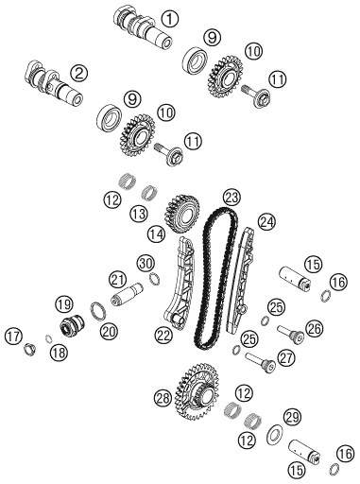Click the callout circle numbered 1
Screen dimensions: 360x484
click(x=170, y=18)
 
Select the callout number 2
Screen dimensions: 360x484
click(x=78, y=74)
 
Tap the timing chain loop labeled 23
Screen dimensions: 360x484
click(x=216, y=278)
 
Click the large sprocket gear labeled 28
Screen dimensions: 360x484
click(x=197, y=391)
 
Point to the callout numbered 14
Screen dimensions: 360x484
click(x=157, y=233)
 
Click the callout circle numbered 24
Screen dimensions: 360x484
click(x=266, y=222)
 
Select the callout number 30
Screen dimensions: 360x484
click(x=146, y=262)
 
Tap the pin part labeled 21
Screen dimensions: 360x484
click(x=128, y=295)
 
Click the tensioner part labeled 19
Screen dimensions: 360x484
click(x=72, y=325)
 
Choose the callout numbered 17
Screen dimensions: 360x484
click(x=13, y=337)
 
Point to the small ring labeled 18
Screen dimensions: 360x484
click(x=49, y=339)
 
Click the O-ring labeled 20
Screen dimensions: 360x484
click(x=98, y=312)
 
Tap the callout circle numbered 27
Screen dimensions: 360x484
click(x=286, y=357)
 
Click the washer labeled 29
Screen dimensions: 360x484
click(x=275, y=436)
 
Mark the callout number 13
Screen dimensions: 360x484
click(x=139, y=214)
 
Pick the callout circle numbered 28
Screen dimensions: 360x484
click(x=163, y=398)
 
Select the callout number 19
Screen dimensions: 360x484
click(x=64, y=304)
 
